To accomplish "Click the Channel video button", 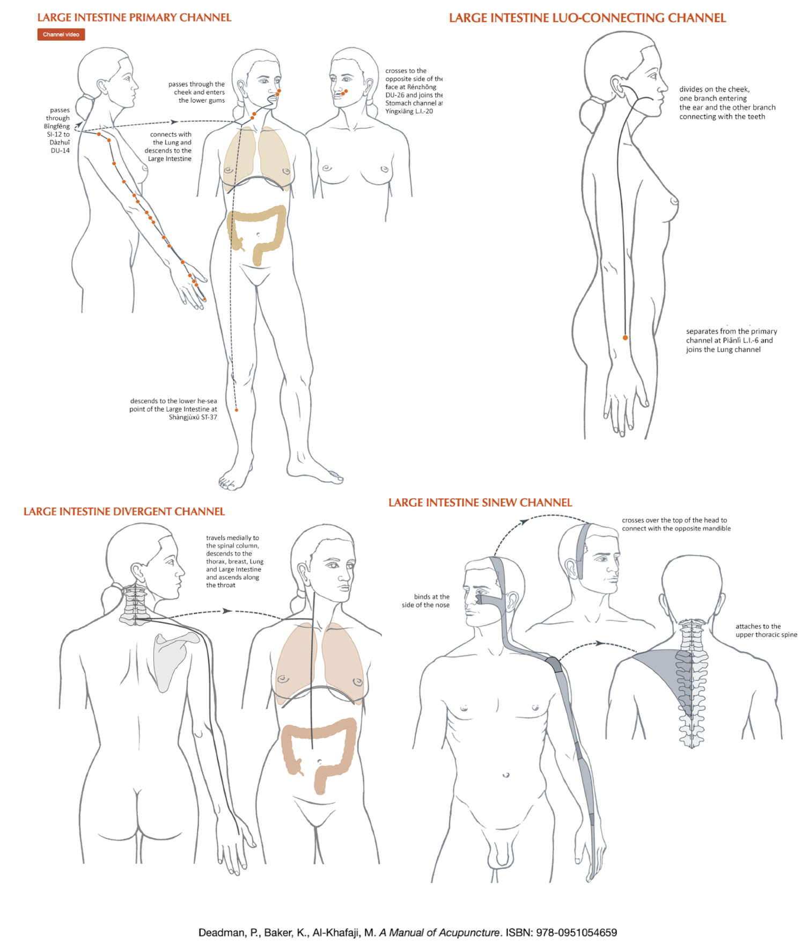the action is tap(61, 34).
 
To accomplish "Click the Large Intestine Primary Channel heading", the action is tap(135, 18).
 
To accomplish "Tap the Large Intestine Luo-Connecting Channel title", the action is tap(587, 18).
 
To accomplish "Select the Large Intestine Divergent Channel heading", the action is tap(124, 512).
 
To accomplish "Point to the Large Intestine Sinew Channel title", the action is tap(480, 503).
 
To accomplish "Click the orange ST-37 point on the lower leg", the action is tap(236, 410).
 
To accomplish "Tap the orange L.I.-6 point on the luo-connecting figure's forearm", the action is tap(625, 338).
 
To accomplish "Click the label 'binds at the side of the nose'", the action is tap(426, 601).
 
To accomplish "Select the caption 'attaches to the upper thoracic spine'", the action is tap(766, 630).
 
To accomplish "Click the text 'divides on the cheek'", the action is tap(715, 90).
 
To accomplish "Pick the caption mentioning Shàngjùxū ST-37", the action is tap(173, 409).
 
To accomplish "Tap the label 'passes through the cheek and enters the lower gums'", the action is tap(196, 92).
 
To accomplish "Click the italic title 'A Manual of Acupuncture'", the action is tap(439, 932).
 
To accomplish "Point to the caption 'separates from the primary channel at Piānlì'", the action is tap(731, 340).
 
